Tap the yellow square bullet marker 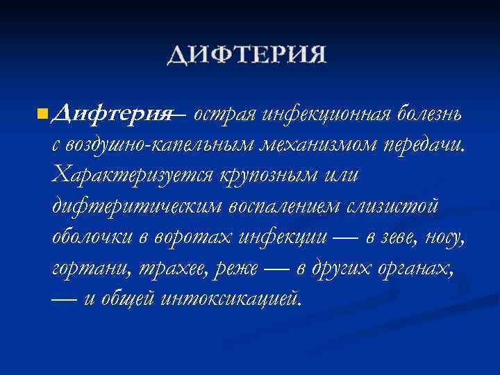point(43,112)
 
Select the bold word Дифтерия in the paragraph point(113,113)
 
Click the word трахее point(162,269)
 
